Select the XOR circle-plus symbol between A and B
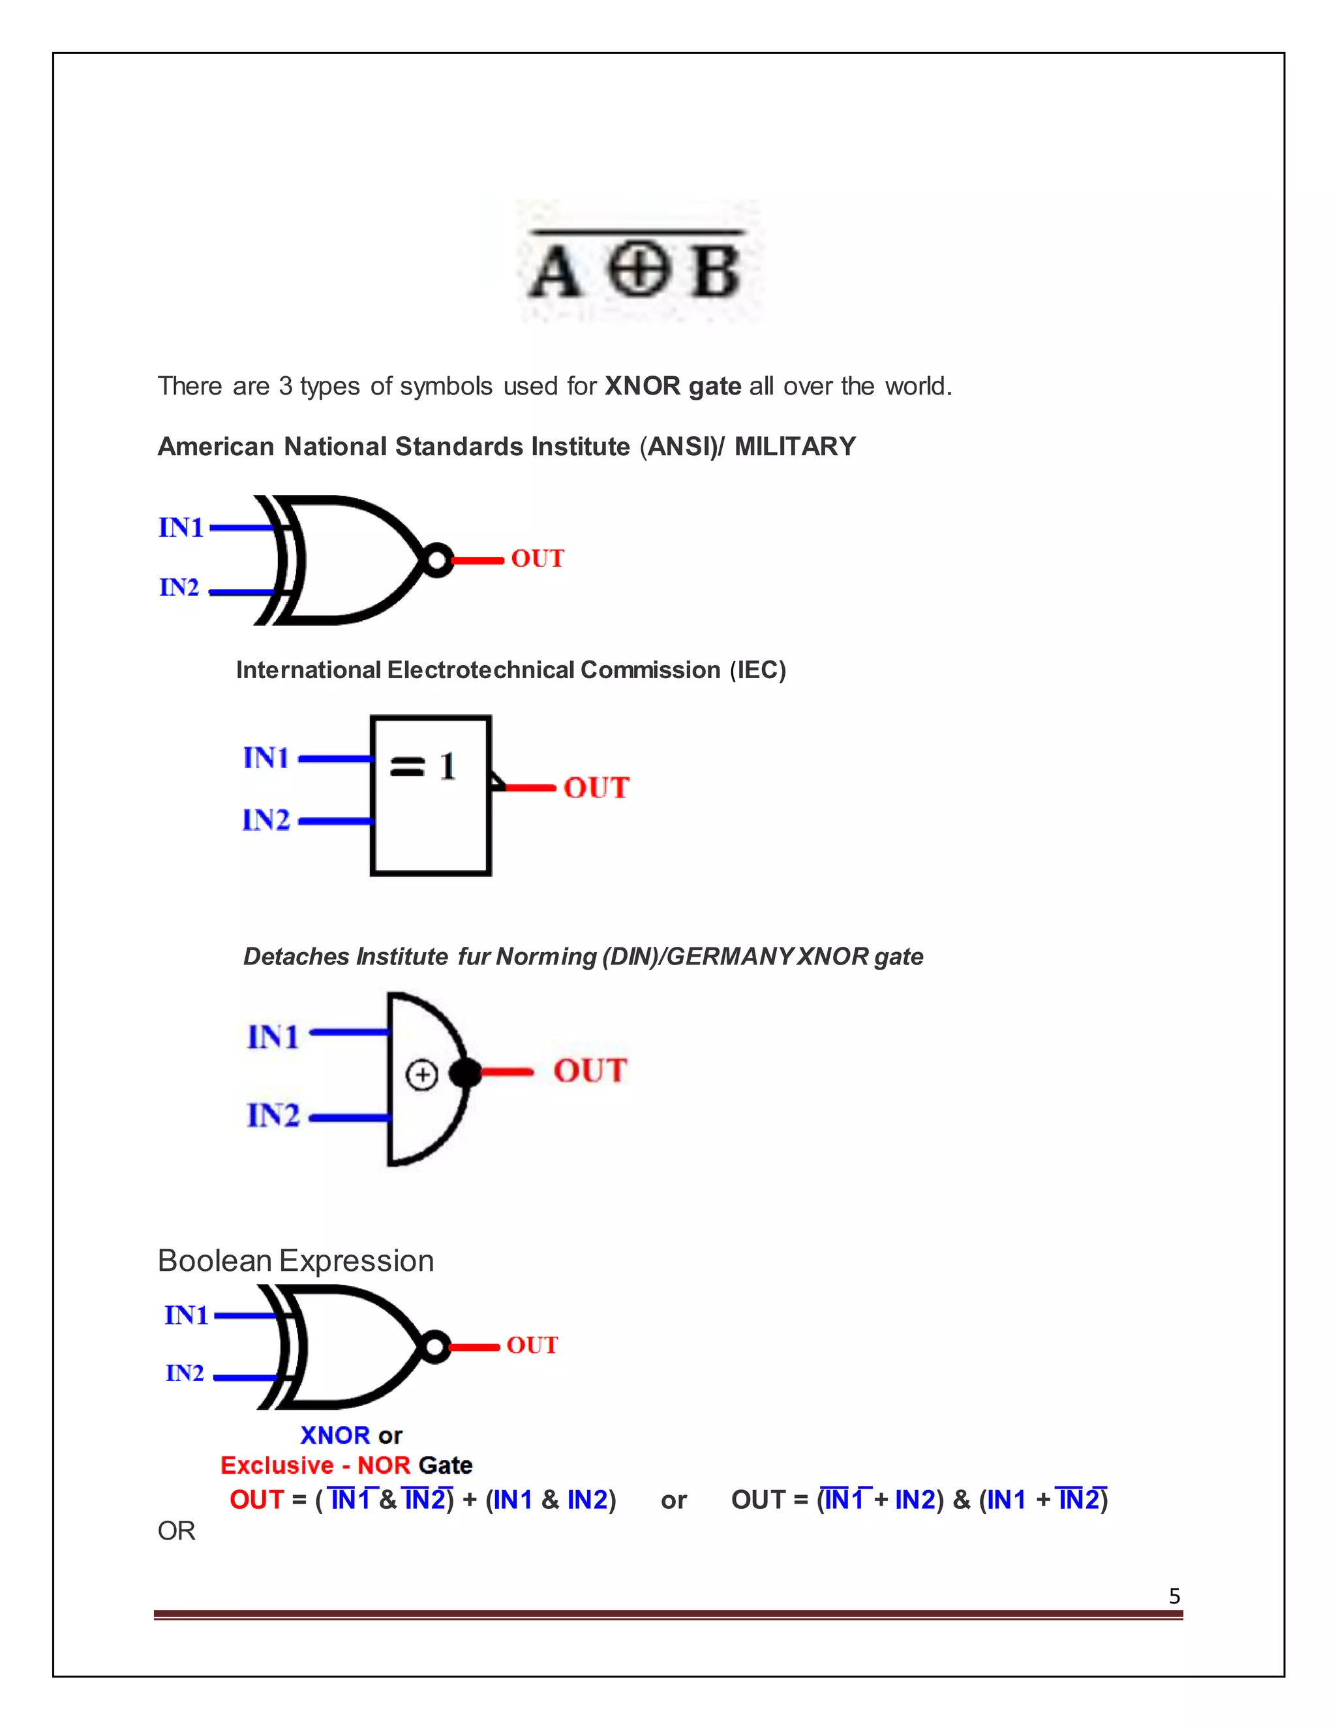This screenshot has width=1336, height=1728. pyautogui.click(x=638, y=270)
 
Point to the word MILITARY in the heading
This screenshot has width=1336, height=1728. pyautogui.click(x=795, y=447)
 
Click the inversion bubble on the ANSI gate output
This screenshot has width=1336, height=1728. pyautogui.click(x=436, y=560)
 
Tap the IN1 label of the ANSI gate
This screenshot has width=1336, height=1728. pyautogui.click(x=181, y=528)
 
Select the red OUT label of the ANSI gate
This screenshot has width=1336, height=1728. pyautogui.click(x=538, y=559)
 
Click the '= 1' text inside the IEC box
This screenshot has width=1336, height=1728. pyautogui.click(x=423, y=766)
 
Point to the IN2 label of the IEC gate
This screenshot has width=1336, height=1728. pyautogui.click(x=267, y=820)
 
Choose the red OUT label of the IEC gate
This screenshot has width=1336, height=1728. pyautogui.click(x=596, y=788)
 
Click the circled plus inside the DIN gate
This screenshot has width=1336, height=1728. pyautogui.click(x=422, y=1075)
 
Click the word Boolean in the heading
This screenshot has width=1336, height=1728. pyautogui.click(x=215, y=1261)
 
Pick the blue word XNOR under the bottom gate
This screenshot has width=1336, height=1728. pyautogui.click(x=335, y=1435)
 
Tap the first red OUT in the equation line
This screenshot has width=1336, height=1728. pyautogui.click(x=256, y=1500)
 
